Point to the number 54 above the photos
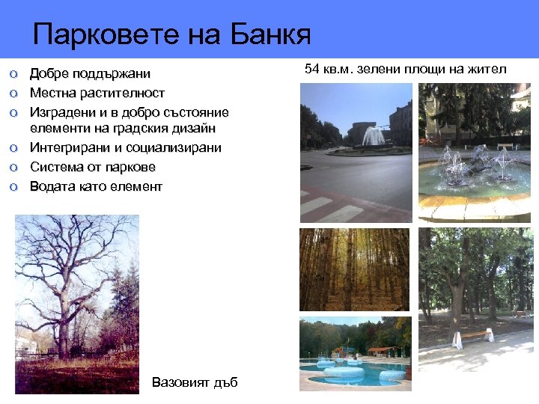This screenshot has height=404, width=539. [313, 70]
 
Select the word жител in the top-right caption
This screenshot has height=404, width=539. [489, 70]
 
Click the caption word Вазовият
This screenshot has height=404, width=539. [177, 382]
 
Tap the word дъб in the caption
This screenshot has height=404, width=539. [224, 382]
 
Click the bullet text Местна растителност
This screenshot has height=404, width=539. [97, 93]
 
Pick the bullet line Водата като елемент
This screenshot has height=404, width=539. [96, 186]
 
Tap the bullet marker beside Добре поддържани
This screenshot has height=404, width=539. [13, 74]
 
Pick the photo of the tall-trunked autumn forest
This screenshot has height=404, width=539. [354, 269]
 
